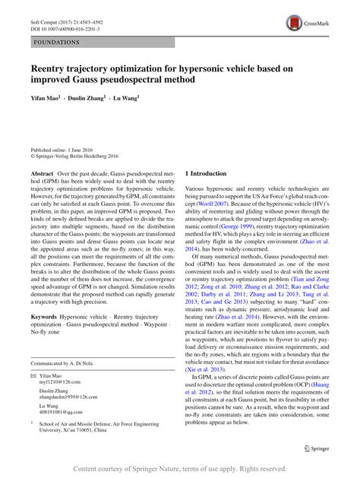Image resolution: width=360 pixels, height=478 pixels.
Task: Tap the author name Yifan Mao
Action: (46, 99)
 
